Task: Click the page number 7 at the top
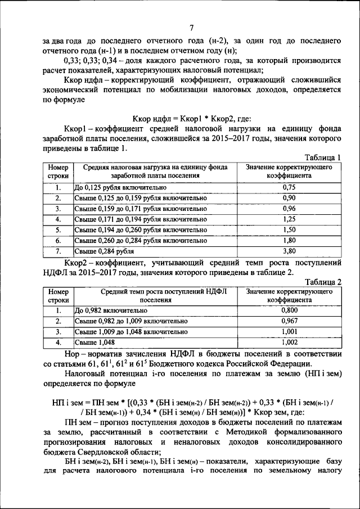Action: [191, 28]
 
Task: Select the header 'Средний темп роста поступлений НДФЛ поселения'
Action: [156, 296]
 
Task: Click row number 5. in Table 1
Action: [58, 229]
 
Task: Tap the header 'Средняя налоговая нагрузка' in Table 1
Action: [156, 172]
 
